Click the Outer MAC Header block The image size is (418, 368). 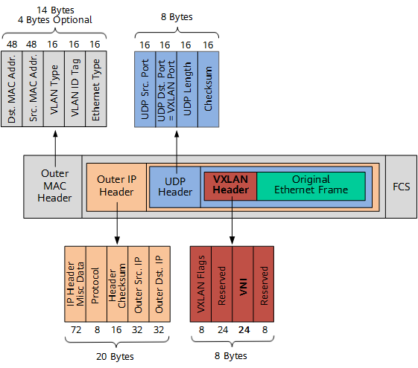[54, 186]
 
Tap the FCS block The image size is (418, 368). [401, 186]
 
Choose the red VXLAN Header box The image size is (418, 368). [230, 185]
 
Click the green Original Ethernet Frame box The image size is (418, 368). [311, 185]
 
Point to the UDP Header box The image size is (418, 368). [175, 186]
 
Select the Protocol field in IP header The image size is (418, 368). [95, 283]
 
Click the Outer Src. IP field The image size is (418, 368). [138, 283]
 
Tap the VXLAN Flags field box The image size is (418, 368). [201, 283]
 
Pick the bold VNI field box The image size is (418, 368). [243, 283]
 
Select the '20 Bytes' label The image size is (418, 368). [116, 355]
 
